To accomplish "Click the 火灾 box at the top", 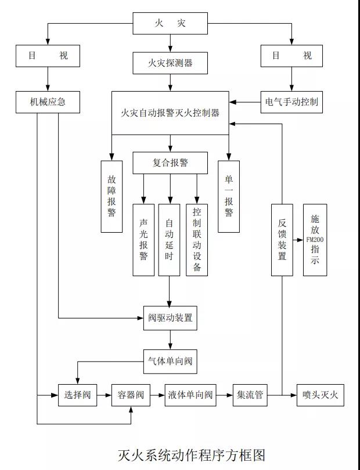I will [170, 24].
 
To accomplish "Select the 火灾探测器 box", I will [170, 63].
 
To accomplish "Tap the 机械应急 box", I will [48, 102].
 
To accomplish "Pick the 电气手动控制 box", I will [291, 102].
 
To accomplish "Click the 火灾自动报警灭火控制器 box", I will [170, 113].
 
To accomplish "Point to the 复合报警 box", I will [170, 163].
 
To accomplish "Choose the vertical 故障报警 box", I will [111, 196].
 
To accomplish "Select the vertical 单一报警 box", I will [229, 196].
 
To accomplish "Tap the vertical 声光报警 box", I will [143, 240].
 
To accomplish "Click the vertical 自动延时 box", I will [169, 240].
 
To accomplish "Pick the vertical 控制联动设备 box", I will [197, 240].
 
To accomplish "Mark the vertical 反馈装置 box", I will [282, 240].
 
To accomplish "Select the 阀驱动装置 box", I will [170, 318].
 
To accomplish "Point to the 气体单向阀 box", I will [170, 361].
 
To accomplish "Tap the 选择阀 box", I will [77, 395].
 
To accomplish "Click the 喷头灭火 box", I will [321, 395].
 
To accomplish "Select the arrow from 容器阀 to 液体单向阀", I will [157, 395].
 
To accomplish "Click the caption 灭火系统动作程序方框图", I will [191, 453].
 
